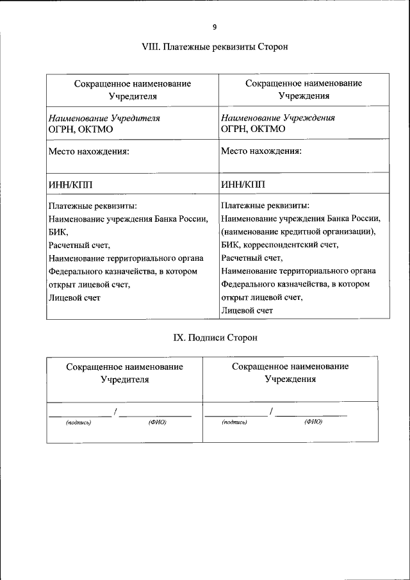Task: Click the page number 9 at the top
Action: pyautogui.click(x=215, y=26)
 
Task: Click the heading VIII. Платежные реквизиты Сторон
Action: pyautogui.click(x=215, y=47)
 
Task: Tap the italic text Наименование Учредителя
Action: pyautogui.click(x=104, y=118)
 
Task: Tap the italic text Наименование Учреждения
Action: pyautogui.click(x=278, y=118)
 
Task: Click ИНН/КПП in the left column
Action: pyautogui.click(x=70, y=185)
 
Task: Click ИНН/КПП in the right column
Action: pyautogui.click(x=243, y=185)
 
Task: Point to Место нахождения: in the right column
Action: pyautogui.click(x=261, y=152)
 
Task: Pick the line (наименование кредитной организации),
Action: pyautogui.click(x=299, y=231)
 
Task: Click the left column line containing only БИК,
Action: pyautogui.click(x=58, y=232)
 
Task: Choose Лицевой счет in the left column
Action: pyautogui.click(x=74, y=297)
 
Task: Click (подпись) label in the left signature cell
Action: pyautogui.click(x=79, y=422)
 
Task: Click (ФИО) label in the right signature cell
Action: pyautogui.click(x=313, y=422)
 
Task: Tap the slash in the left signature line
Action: pyautogui.click(x=115, y=411)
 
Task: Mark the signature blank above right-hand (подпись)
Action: pyautogui.click(x=236, y=414)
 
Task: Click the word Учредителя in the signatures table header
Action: pyautogui.click(x=125, y=379)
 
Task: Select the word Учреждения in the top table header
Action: pyautogui.click(x=304, y=96)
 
